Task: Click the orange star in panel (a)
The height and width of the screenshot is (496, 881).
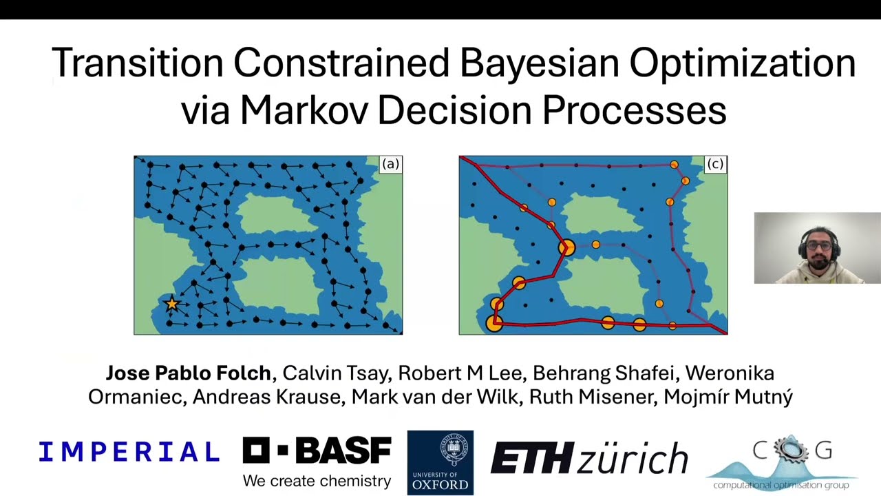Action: tap(171, 303)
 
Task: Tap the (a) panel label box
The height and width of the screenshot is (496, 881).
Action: tap(390, 164)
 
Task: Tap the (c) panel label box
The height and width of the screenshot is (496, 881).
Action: tap(715, 164)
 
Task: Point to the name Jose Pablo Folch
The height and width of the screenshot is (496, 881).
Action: tap(188, 373)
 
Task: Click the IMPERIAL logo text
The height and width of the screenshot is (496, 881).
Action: tap(129, 452)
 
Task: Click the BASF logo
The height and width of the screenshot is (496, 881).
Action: tap(317, 451)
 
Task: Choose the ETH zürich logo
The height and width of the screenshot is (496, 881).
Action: tap(589, 457)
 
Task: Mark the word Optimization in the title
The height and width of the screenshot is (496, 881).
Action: tap(743, 63)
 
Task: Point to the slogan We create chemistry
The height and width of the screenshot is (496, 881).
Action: tap(317, 481)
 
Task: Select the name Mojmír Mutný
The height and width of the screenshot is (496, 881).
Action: tap(728, 397)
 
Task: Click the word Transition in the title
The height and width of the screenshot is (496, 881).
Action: tap(138, 63)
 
